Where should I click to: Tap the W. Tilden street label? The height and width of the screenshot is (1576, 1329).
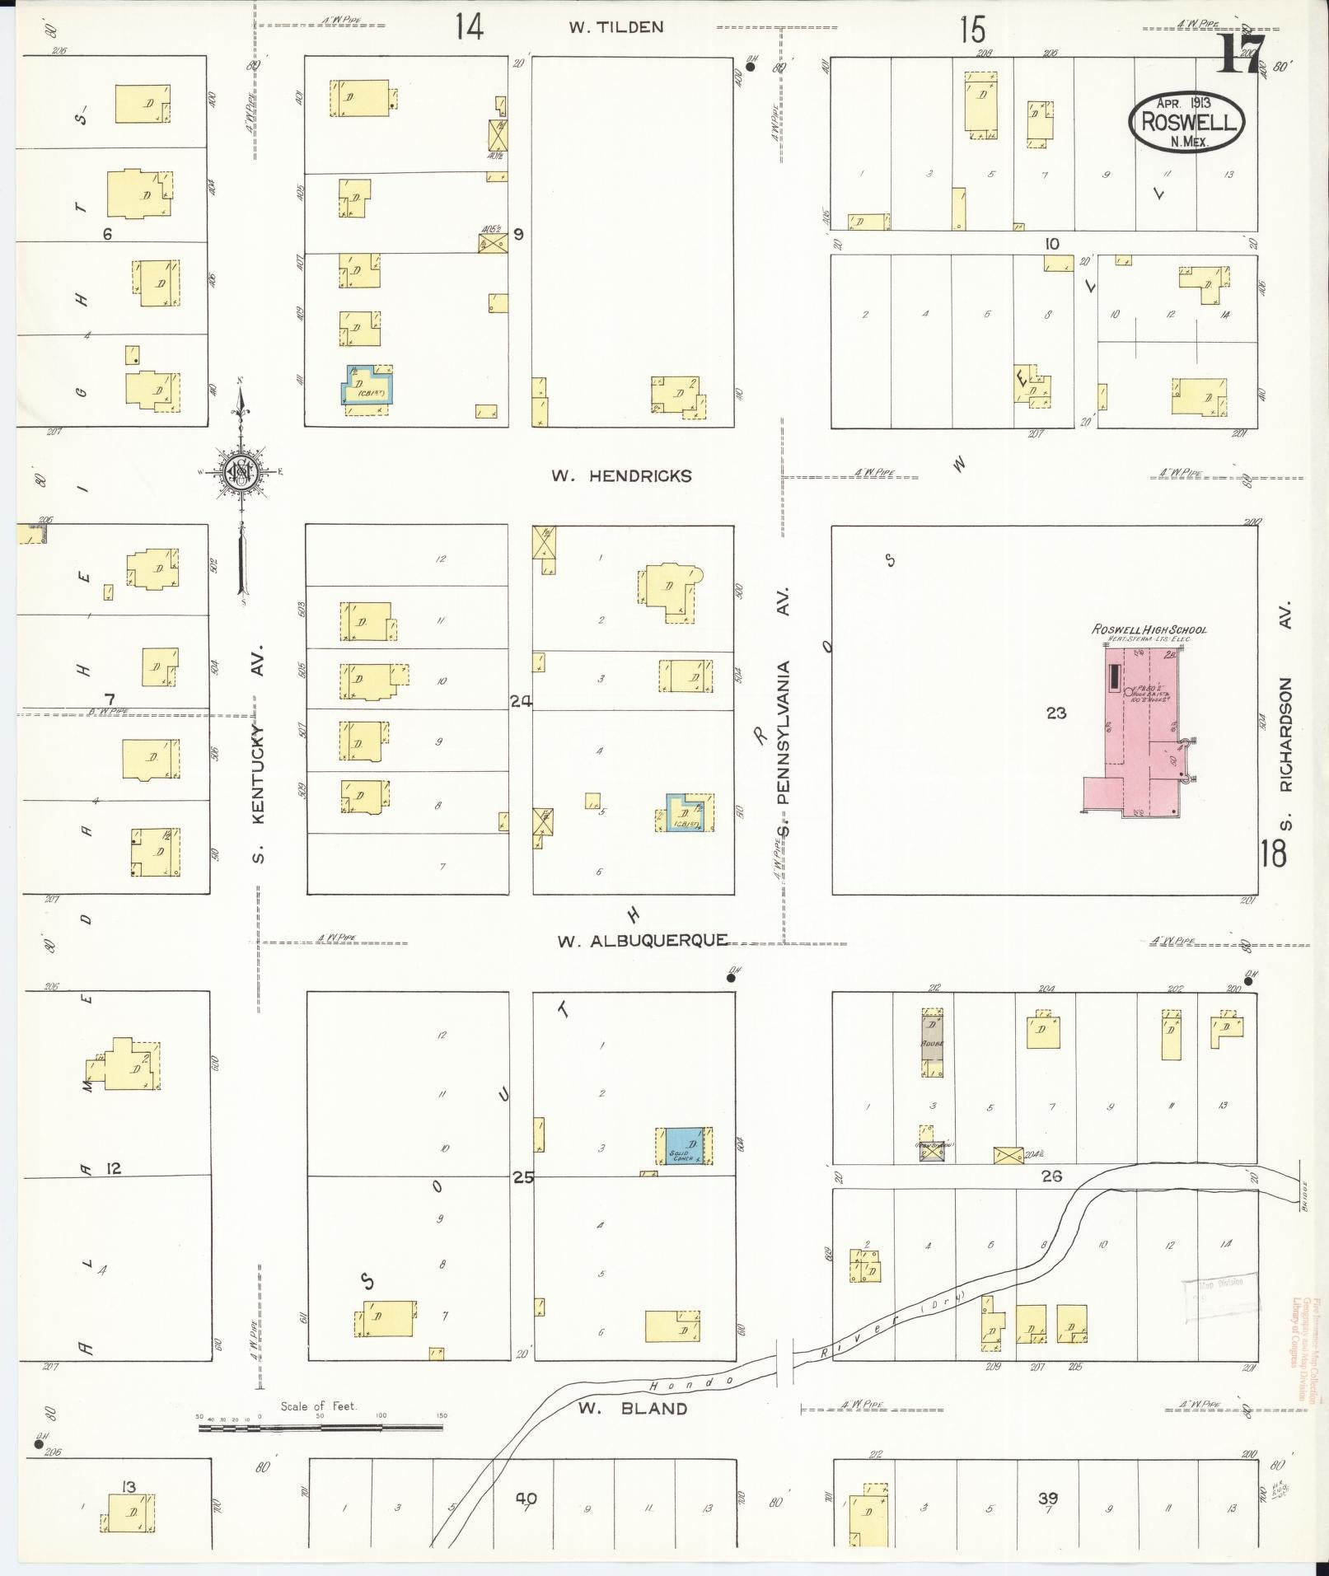(x=615, y=27)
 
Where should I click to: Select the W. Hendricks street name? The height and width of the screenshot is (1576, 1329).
(x=622, y=476)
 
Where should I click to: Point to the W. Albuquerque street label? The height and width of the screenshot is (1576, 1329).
(x=643, y=941)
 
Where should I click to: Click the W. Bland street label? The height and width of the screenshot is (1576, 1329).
(x=632, y=1408)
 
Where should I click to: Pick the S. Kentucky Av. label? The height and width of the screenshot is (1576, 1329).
(x=259, y=753)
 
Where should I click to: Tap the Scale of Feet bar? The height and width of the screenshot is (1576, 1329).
(x=321, y=1426)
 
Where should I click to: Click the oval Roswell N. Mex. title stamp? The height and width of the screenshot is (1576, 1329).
(x=1186, y=121)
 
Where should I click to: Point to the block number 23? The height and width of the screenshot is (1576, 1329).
(x=1055, y=713)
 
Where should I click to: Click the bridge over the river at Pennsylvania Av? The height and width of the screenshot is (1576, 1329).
(x=784, y=1377)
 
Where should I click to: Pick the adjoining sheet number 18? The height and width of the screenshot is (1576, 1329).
(x=1272, y=853)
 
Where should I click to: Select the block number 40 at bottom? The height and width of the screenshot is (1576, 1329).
(x=526, y=1498)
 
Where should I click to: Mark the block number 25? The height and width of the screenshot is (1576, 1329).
(x=522, y=1177)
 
